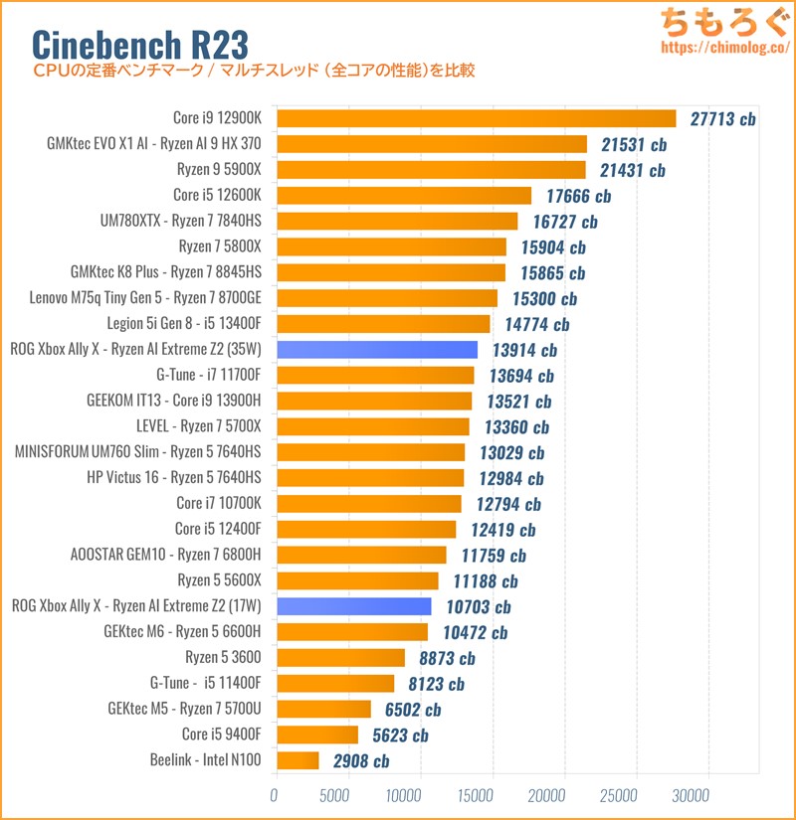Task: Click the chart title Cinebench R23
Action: pyautogui.click(x=139, y=43)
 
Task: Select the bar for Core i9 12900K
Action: pyautogui.click(x=476, y=118)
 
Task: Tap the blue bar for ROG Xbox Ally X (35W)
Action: pyautogui.click(x=377, y=349)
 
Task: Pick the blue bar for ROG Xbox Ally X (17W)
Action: pyautogui.click(x=353, y=605)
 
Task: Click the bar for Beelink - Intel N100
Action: pyautogui.click(x=298, y=760)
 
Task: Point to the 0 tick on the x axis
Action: pyautogui.click(x=275, y=796)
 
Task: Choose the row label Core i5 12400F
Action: pyautogui.click(x=218, y=529)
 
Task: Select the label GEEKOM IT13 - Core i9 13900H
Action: pyautogui.click(x=174, y=401)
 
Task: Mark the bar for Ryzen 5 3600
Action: pyautogui.click(x=340, y=657)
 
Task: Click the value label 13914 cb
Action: pyautogui.click(x=523, y=350)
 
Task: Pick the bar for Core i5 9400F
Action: pyautogui.click(x=316, y=735)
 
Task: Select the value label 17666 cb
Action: pyautogui.click(x=578, y=196)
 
